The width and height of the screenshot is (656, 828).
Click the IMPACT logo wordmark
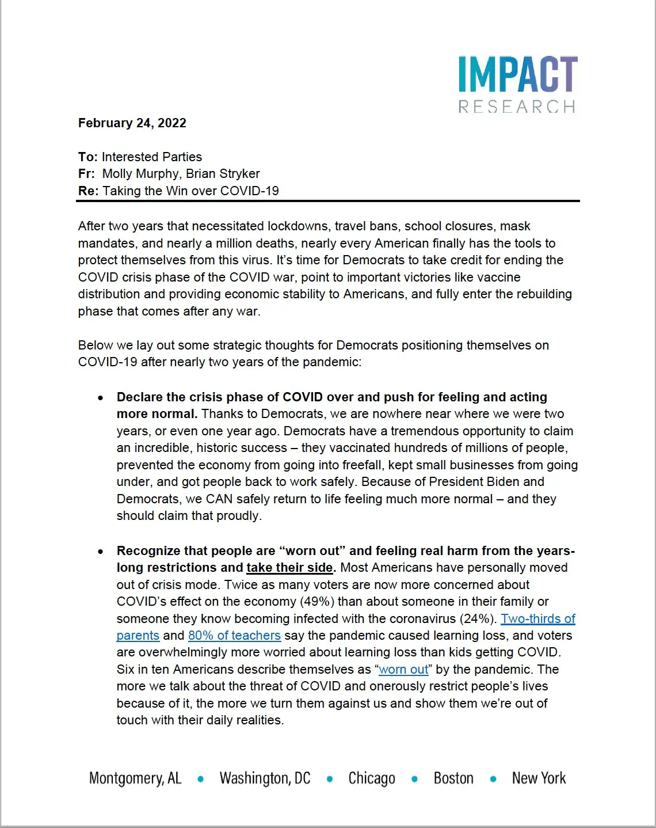517,74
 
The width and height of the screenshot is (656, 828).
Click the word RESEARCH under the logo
517,107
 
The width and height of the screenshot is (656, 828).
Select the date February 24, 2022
132,123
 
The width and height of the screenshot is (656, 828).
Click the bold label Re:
89,191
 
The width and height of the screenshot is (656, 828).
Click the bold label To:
88,157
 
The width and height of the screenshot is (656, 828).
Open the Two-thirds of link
538,618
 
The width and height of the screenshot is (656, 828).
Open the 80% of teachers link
234,635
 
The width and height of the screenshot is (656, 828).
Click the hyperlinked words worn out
403,669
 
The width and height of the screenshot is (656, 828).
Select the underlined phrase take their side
289,567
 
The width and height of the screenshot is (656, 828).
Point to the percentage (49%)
316,601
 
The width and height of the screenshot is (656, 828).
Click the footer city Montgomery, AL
135,778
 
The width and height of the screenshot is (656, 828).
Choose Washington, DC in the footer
265,778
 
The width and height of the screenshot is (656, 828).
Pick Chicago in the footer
372,778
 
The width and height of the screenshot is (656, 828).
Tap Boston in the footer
453,778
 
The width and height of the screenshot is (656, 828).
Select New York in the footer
539,778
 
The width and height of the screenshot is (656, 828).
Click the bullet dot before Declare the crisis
101,397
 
